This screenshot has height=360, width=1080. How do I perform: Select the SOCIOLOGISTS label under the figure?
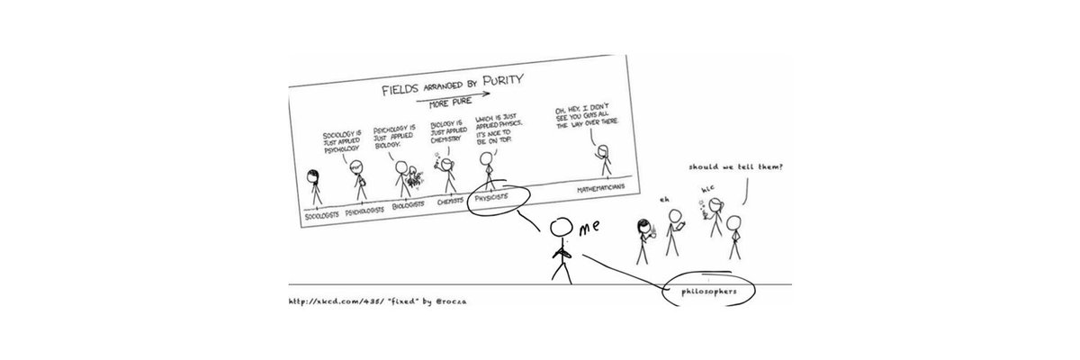coord(322,214)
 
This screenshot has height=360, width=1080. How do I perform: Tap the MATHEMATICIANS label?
coord(602,189)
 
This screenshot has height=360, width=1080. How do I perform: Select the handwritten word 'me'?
coord(589,230)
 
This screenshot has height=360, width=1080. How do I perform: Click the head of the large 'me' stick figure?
coord(562,229)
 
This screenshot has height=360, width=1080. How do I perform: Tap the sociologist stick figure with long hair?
coord(315,185)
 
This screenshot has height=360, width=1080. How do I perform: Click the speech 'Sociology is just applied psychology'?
coord(344,144)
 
